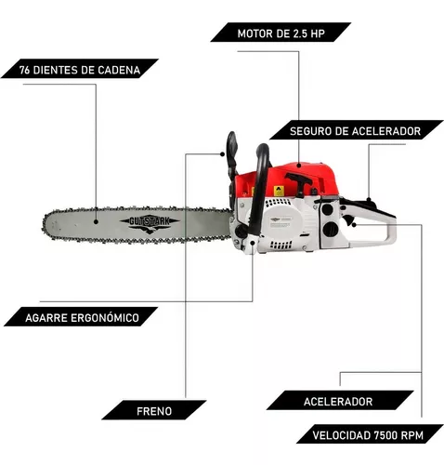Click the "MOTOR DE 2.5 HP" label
[280, 33]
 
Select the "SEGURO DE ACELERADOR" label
[354, 131]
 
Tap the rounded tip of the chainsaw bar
[47, 222]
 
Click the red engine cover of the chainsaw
[297, 181]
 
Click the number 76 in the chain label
[25, 70]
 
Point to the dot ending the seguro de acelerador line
[370, 198]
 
